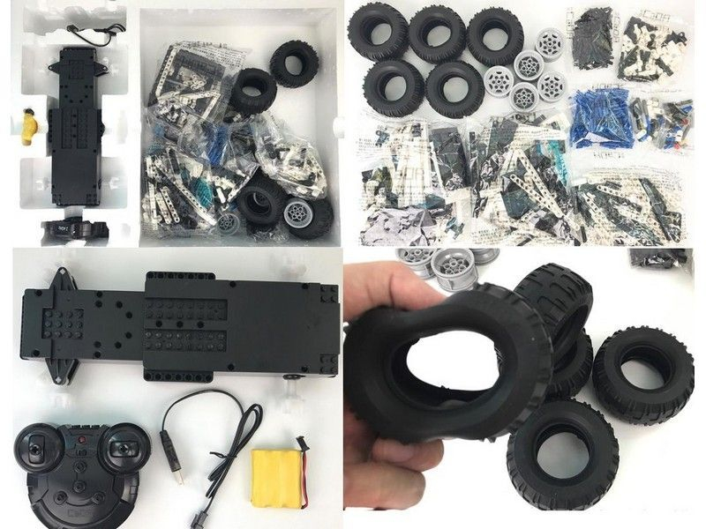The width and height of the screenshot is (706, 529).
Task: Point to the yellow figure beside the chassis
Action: (30, 127)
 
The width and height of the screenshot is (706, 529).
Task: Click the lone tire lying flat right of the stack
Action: (642, 374)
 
